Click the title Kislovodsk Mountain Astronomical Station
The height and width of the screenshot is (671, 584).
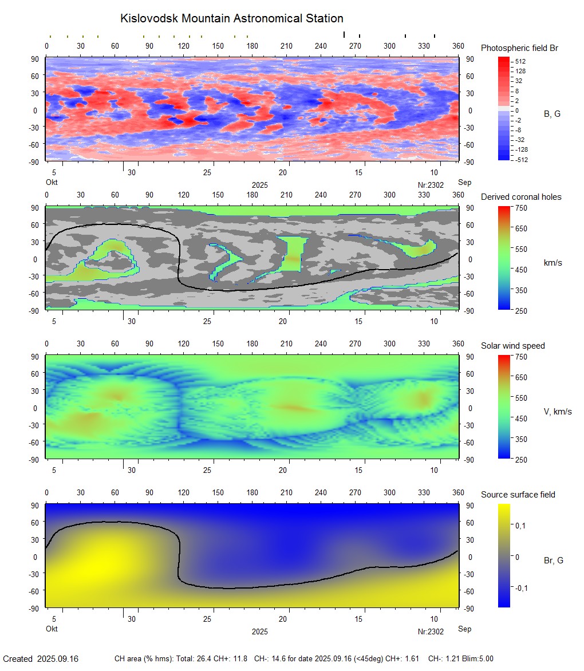click(232, 19)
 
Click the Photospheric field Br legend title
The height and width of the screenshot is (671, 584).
click(519, 48)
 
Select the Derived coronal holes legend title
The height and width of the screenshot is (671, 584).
click(521, 197)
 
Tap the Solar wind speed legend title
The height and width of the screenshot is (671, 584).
click(513, 346)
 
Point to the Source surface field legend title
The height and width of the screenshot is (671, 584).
click(518, 495)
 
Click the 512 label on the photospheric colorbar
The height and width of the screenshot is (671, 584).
click(520, 61)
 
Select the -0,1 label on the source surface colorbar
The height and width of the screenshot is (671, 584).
click(520, 588)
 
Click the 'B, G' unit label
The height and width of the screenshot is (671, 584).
click(552, 114)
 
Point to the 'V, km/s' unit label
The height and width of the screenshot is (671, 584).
click(557, 412)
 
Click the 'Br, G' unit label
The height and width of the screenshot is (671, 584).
click(554, 561)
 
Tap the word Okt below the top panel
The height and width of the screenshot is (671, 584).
click(52, 183)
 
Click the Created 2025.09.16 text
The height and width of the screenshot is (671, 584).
click(41, 659)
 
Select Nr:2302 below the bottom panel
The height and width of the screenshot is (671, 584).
click(431, 632)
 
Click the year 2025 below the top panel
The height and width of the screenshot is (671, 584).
click(259, 185)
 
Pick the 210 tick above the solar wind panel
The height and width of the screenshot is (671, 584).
click(286, 344)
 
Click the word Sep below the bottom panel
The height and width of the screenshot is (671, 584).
click(464, 629)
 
